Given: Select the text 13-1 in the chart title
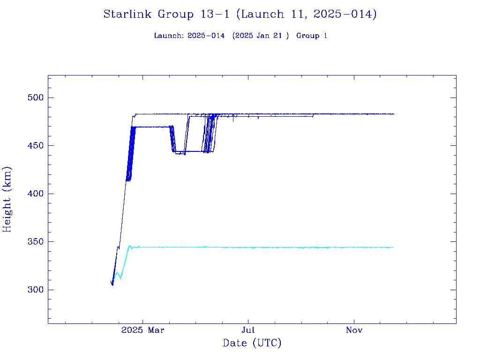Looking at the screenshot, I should (214, 15).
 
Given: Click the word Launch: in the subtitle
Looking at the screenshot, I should (169, 36).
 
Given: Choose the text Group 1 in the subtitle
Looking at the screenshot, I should (312, 36).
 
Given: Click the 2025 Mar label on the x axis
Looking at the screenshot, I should (143, 330).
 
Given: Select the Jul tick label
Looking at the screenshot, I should (248, 330).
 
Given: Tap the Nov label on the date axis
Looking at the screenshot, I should (354, 330).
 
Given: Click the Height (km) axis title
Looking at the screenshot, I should (7, 199).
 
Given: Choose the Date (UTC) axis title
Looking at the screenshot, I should (252, 344).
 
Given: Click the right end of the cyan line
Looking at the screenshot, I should (393, 247).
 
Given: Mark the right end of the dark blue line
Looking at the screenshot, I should (393, 114).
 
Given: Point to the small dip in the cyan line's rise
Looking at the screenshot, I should (120, 278).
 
